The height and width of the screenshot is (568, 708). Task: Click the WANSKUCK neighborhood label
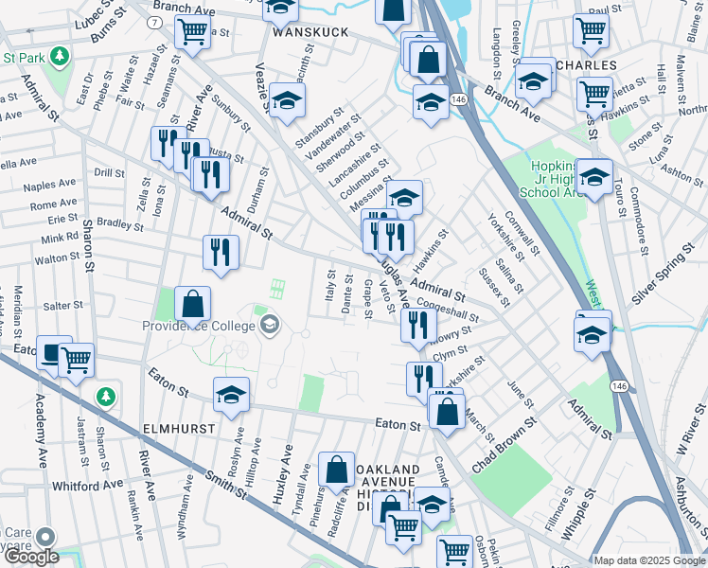coord(310,31)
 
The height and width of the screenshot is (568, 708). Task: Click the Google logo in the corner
coord(30,557)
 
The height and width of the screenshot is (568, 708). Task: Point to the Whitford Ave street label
coord(87,484)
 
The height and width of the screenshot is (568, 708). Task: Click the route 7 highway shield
coord(153,22)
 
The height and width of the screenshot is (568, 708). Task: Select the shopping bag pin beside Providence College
coord(192,306)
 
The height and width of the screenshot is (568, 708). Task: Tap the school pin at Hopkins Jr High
coord(594,177)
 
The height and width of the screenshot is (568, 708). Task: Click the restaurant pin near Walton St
coord(221,253)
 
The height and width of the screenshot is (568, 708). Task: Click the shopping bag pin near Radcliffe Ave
coord(336,470)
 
